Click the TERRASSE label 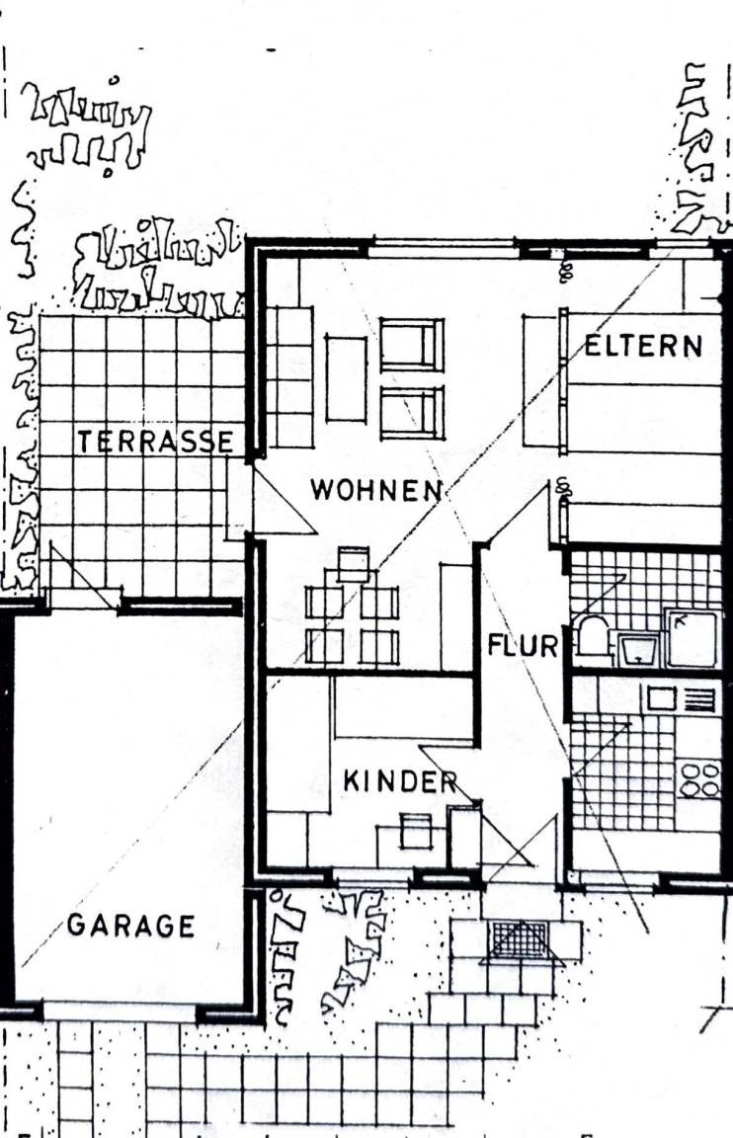(x=155, y=442)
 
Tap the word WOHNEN (x=376, y=490)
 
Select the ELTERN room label (x=644, y=346)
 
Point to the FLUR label (x=522, y=644)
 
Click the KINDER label (x=400, y=781)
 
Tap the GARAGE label (x=130, y=926)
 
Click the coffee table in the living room (x=346, y=377)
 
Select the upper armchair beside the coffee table (x=412, y=345)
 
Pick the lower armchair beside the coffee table (x=412, y=413)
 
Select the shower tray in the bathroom (x=692, y=638)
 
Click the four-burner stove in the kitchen (x=698, y=779)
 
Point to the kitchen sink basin (x=661, y=699)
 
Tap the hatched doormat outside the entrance (x=520, y=939)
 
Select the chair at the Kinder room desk (x=415, y=830)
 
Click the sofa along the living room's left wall (x=289, y=377)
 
